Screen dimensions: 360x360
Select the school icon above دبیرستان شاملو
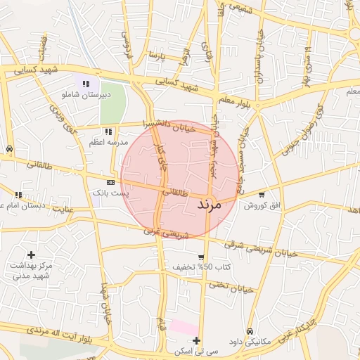point(86,84)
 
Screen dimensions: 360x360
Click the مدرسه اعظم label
point(108,142)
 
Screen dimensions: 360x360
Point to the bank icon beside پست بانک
point(110,182)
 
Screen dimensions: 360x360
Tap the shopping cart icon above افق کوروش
point(262,195)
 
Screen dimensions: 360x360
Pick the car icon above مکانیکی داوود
point(250,331)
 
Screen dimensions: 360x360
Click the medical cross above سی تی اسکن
point(197,340)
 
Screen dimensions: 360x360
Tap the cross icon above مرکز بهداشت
point(30,254)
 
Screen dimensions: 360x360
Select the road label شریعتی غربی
point(166,233)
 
